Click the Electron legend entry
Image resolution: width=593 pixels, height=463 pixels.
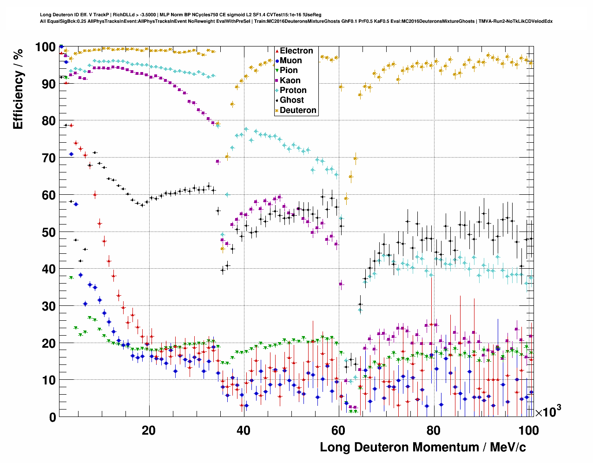tap(296, 51)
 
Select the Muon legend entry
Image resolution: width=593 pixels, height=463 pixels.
tap(290, 60)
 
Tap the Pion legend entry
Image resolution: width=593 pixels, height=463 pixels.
tap(288, 70)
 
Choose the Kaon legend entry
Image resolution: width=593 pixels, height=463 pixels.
tap(290, 80)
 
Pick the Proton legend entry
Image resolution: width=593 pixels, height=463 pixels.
tap(293, 90)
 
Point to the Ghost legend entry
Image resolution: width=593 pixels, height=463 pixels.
tap(291, 100)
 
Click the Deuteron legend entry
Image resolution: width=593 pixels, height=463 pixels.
tap(297, 110)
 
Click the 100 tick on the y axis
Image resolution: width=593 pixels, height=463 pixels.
tap(46, 47)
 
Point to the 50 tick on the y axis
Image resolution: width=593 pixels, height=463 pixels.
tap(49, 232)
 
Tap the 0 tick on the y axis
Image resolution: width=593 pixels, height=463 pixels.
tap(52, 417)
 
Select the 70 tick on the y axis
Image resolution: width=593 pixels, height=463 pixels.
tap(49, 158)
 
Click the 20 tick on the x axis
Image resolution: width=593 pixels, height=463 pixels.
tap(149, 430)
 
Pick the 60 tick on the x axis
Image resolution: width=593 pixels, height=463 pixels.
tap(338, 430)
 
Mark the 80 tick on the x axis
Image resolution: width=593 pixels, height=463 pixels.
tap(433, 430)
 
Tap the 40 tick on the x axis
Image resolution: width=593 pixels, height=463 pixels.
tap(244, 430)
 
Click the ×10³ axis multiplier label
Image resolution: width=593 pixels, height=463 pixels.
tap(548, 412)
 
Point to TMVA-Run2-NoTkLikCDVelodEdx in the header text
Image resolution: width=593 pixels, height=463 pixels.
tap(515, 21)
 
